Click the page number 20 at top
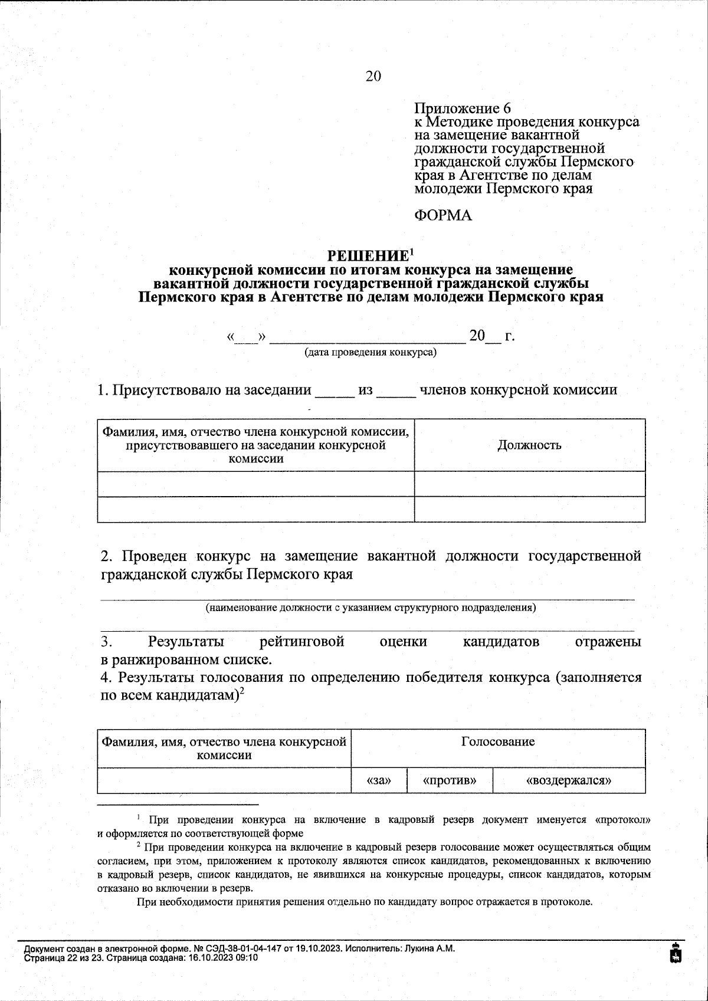(373, 76)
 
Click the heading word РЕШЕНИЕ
(368, 256)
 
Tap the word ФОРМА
(444, 216)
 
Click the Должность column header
(529, 445)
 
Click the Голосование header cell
(498, 741)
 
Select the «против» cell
(450, 780)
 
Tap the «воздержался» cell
(568, 780)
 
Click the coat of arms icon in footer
(677, 953)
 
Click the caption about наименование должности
(370, 608)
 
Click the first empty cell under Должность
(529, 484)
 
